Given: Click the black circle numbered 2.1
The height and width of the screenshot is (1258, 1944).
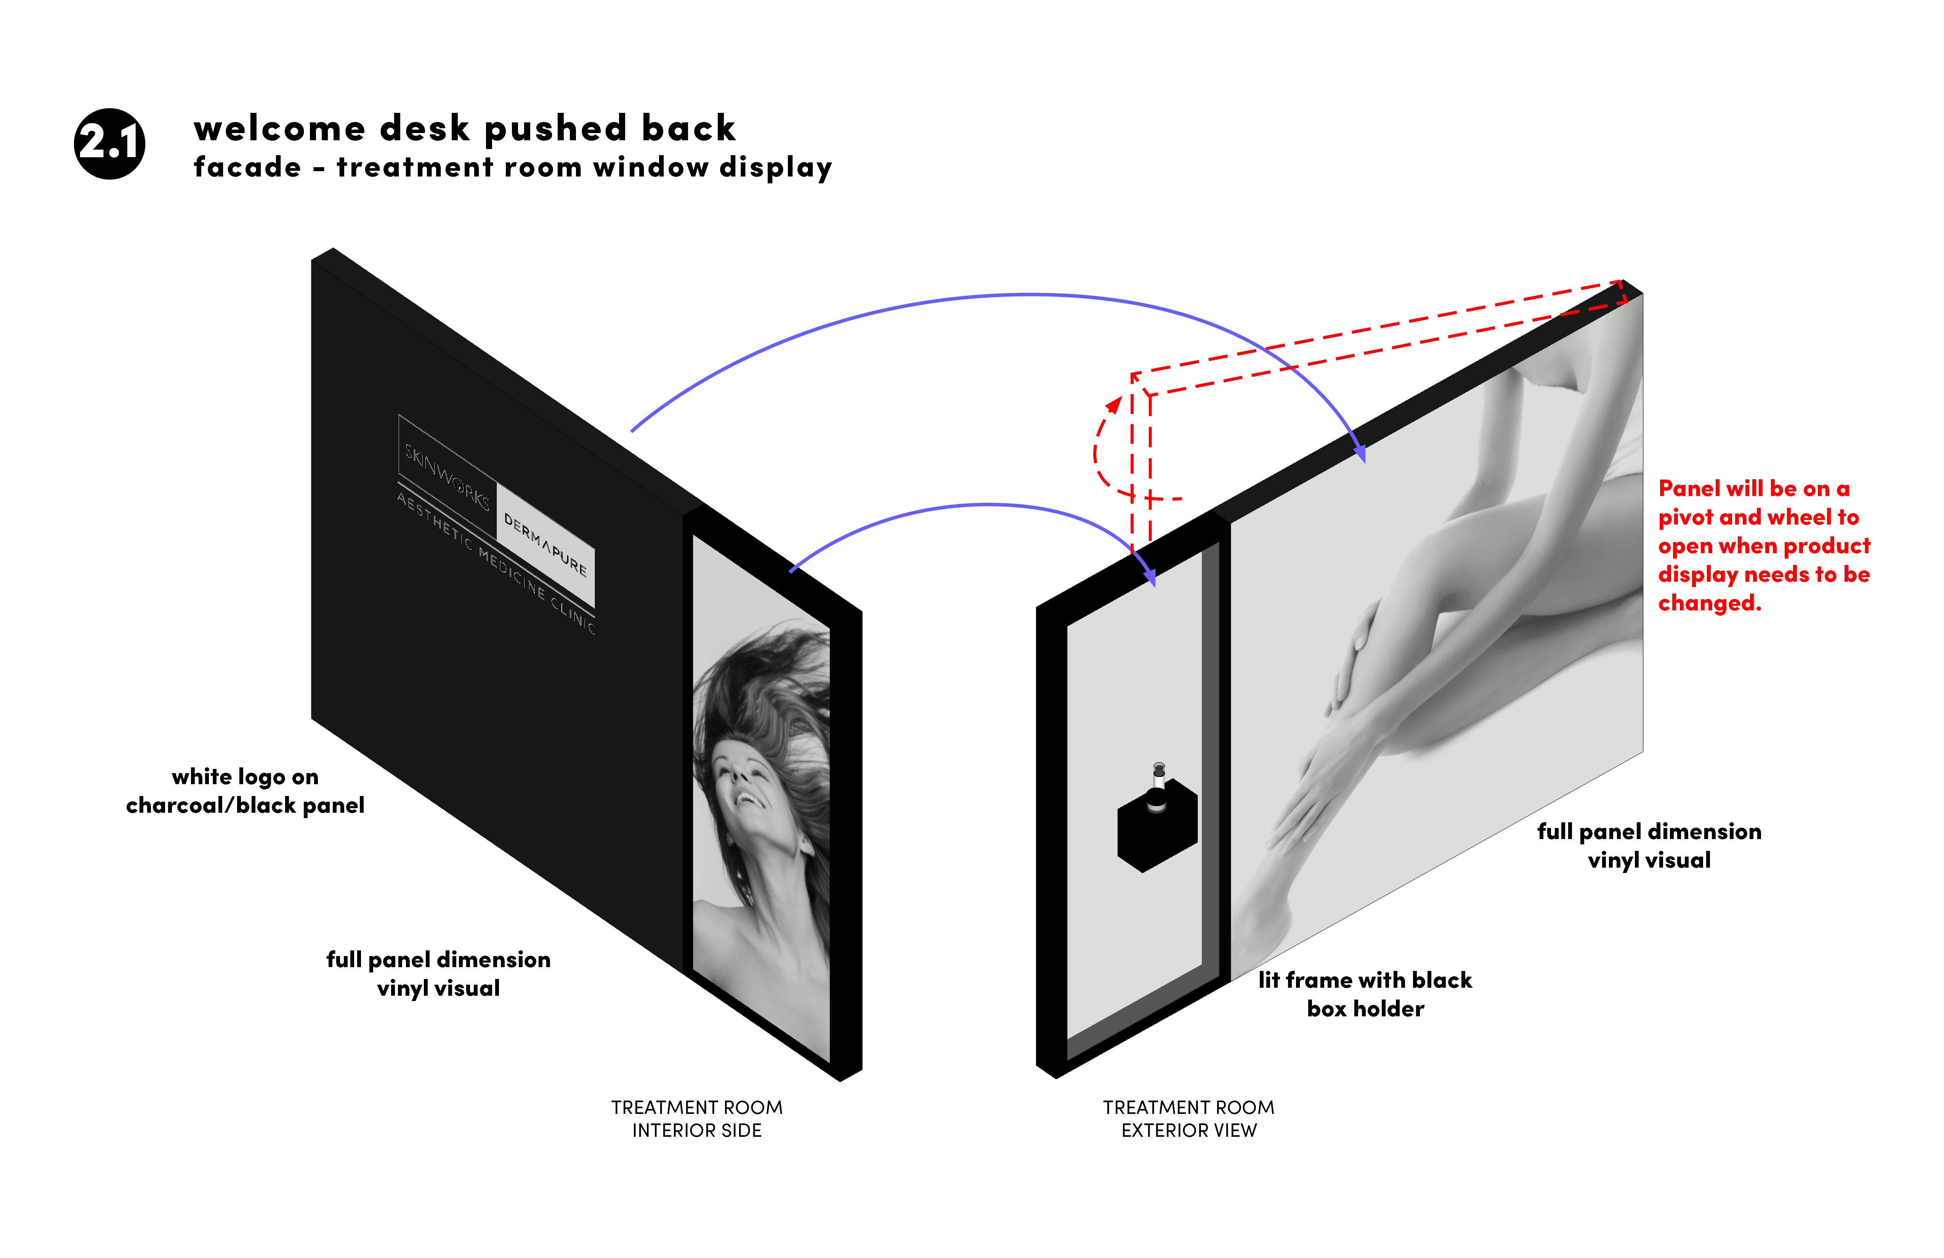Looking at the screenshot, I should [x=109, y=144].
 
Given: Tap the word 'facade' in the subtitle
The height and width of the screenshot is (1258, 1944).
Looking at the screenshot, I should [x=247, y=167].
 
